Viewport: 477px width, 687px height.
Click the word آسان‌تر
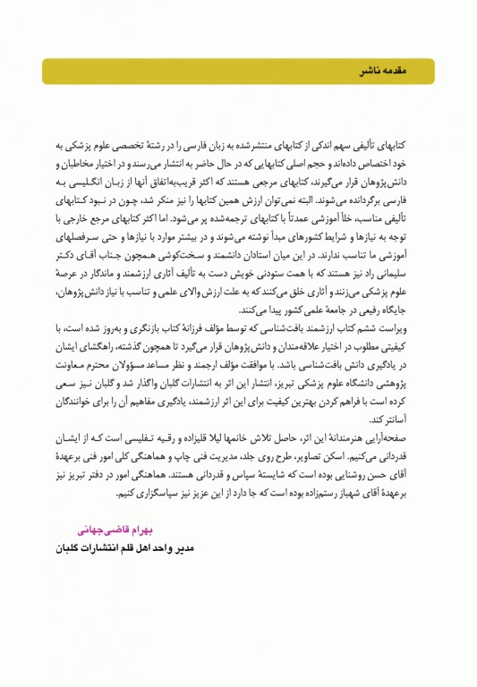click(405, 419)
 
